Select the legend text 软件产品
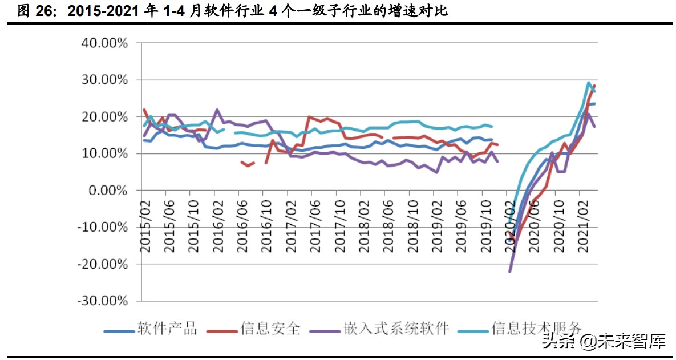tap(167, 329)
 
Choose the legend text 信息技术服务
tap(536, 329)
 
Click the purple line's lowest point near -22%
tap(510, 271)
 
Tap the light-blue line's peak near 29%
tap(589, 83)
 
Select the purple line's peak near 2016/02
tap(217, 110)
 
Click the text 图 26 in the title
tap(31, 11)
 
